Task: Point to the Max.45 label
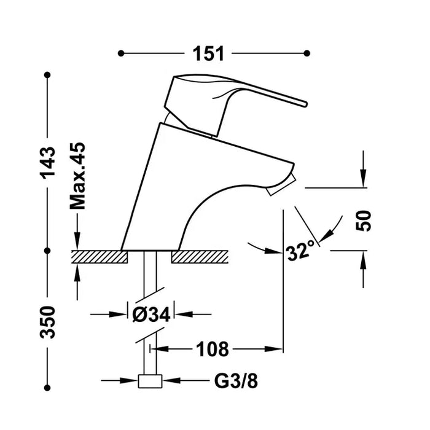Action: [77, 176]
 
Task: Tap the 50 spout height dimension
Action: [364, 219]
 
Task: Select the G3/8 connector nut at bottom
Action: [150, 381]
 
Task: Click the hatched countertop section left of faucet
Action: [98, 257]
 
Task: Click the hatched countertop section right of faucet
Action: [201, 257]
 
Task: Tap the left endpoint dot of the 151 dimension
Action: [121, 53]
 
